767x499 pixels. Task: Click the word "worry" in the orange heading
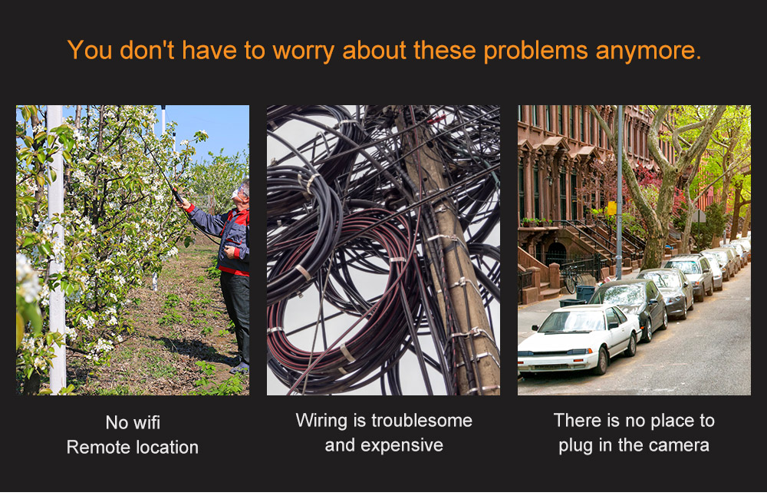tap(303, 51)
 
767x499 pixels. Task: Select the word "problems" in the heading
tap(535, 51)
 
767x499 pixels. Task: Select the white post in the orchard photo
tap(56, 249)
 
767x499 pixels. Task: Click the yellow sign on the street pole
tap(611, 208)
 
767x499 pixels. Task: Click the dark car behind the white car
tap(631, 306)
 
